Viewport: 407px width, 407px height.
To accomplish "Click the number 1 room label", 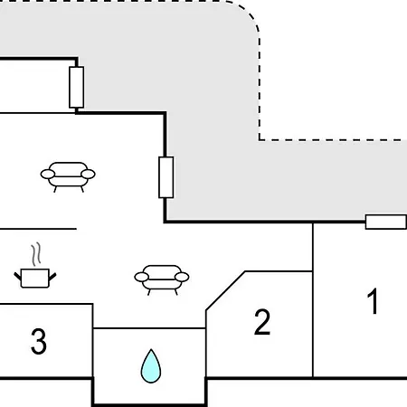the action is point(374,301).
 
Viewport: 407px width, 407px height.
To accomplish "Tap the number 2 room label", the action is point(262,322).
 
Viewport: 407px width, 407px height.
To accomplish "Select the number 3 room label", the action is point(39,341).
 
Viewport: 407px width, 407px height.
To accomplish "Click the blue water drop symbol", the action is point(151,366).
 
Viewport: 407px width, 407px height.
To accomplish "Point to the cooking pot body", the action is point(35,278).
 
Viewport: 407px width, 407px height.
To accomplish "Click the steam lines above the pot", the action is point(36,254).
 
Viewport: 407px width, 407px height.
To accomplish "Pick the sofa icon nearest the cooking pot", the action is point(162,279).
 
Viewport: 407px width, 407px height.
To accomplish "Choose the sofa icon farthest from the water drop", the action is point(68,177).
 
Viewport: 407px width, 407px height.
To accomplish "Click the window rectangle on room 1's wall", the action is point(386,222).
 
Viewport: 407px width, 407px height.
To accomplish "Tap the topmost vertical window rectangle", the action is point(77,88).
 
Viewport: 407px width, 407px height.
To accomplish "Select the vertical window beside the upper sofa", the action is point(166,177).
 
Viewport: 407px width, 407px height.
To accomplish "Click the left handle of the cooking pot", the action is point(18,276).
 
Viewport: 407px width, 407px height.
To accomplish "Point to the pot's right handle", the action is point(52,276).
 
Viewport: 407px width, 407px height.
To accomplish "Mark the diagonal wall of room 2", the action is point(225,290).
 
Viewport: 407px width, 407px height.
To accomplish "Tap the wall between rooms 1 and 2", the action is point(313,300).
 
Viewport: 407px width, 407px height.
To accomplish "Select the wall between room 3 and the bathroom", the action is point(92,341).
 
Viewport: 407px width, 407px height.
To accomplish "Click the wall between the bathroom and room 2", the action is point(206,344).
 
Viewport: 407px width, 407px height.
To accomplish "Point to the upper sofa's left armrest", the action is point(48,174).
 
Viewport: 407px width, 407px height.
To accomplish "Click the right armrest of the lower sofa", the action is point(182,277).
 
